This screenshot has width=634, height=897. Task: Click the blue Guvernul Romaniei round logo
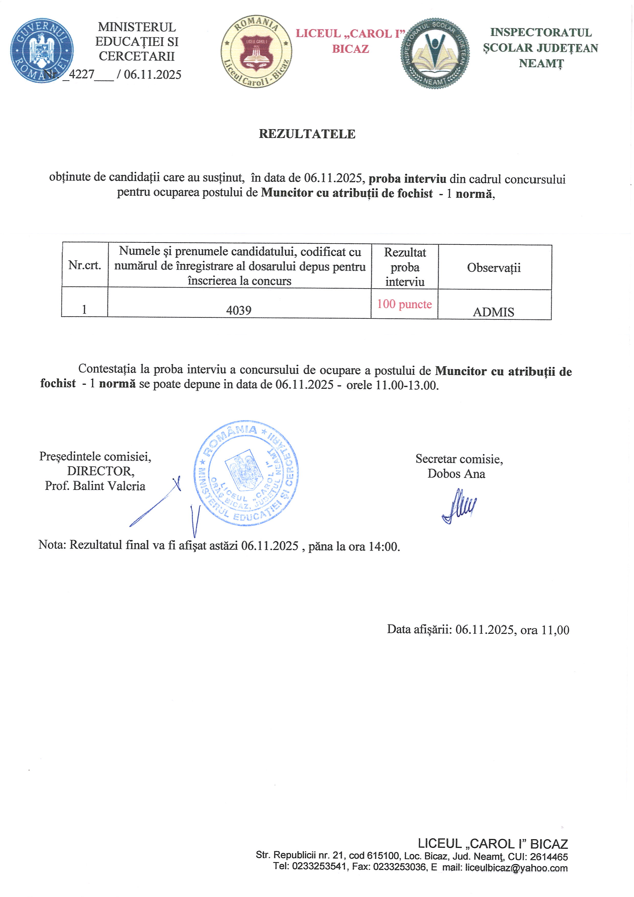click(42, 50)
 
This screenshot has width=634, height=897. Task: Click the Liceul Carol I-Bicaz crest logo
click(256, 52)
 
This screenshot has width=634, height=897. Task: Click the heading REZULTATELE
click(307, 134)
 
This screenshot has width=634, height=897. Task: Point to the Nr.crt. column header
click(84, 265)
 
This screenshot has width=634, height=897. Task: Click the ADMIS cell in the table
click(493, 312)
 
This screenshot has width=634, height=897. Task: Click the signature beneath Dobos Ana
click(459, 506)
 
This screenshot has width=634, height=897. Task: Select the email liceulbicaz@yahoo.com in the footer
click(516, 868)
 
